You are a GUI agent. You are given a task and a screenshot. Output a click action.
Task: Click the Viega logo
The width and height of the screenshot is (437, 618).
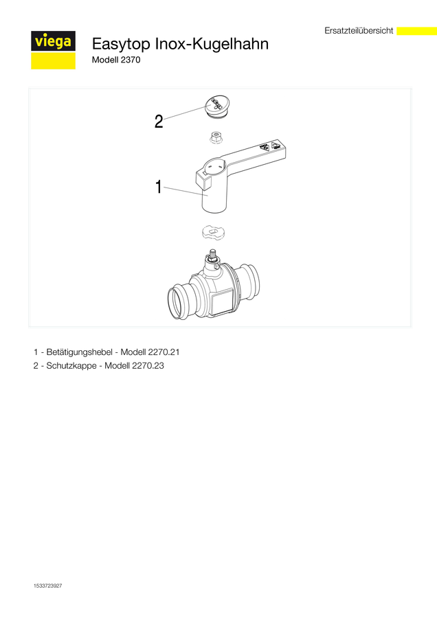(x=53, y=50)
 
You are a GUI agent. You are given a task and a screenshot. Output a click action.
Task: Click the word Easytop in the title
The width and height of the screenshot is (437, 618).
(x=121, y=44)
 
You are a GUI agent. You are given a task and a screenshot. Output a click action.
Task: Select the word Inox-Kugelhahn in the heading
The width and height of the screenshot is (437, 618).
(x=212, y=44)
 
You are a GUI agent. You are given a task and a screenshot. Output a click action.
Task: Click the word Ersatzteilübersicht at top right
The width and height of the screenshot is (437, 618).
(x=359, y=31)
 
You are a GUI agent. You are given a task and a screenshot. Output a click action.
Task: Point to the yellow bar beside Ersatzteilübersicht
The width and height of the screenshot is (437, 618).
(x=416, y=31)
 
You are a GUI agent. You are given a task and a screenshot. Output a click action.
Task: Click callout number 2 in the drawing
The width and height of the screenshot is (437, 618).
(x=159, y=122)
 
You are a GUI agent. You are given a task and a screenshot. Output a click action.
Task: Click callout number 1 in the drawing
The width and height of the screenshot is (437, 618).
(x=159, y=187)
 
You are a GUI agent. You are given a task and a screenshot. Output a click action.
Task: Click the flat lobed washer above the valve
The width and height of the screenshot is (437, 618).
(x=215, y=232)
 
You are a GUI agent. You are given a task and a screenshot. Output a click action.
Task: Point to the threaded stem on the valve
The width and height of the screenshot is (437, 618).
(x=212, y=254)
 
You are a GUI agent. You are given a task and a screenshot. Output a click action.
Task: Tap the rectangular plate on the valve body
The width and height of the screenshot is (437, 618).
(x=223, y=301)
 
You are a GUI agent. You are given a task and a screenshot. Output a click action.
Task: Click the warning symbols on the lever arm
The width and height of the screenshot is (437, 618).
(x=270, y=147)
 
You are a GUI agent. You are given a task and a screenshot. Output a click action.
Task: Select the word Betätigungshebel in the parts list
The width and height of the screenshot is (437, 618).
(x=80, y=352)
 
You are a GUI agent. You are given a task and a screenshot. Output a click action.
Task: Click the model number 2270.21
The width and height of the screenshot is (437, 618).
(x=164, y=352)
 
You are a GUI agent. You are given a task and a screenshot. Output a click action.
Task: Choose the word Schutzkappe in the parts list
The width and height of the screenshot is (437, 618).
(x=71, y=366)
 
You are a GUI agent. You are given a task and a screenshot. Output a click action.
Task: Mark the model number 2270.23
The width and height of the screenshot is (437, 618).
(x=148, y=366)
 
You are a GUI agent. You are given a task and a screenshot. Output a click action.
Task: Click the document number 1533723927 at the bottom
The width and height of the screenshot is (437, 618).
(x=47, y=586)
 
